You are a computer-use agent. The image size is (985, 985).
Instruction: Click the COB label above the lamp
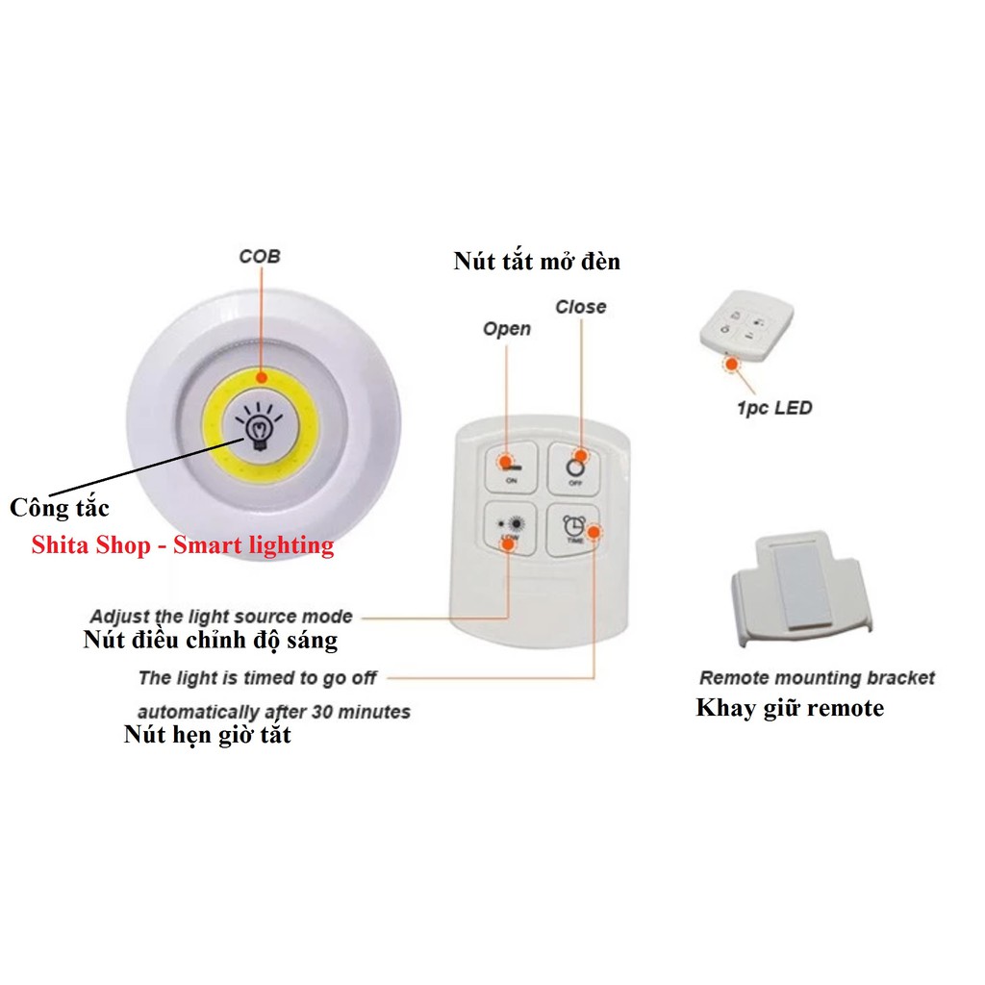tap(260, 257)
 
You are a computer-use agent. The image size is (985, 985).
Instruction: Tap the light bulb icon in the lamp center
tap(259, 431)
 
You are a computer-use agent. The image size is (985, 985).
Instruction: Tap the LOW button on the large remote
tap(510, 528)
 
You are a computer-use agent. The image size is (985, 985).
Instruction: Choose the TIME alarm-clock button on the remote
tap(573, 528)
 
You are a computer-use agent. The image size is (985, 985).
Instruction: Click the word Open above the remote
tap(506, 329)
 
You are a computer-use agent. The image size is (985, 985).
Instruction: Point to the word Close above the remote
tap(581, 307)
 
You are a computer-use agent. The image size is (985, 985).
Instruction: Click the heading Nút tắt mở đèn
tap(537, 261)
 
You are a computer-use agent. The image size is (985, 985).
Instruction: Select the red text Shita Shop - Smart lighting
tap(183, 545)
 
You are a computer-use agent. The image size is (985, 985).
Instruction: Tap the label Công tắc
tap(59, 507)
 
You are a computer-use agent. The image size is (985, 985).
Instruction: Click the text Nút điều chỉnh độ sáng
tap(210, 640)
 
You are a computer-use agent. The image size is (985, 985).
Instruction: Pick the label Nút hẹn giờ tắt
tap(207, 736)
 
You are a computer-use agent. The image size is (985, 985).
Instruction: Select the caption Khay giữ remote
tap(790, 709)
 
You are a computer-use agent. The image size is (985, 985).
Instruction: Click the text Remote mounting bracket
tap(817, 678)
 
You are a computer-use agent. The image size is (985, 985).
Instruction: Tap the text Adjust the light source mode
tap(221, 617)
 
